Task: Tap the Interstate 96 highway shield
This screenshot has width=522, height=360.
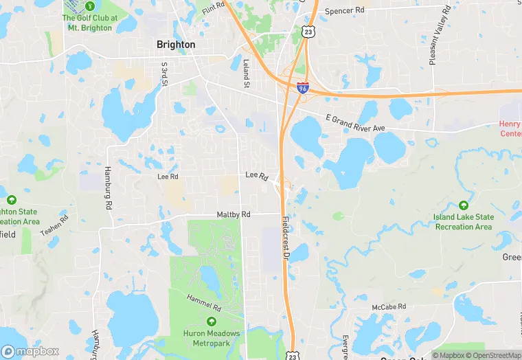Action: [303, 87]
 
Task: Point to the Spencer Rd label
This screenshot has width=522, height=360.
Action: [344, 11]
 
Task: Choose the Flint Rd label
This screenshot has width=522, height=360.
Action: [214, 7]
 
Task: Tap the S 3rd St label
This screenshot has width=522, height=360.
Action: [165, 74]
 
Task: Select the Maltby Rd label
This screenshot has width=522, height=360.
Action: [234, 214]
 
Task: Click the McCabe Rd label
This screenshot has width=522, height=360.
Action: [389, 306]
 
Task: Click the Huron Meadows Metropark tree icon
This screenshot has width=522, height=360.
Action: [211, 322]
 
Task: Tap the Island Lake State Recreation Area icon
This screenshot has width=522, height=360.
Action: [463, 205]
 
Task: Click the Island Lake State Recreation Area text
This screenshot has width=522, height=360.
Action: [462, 222]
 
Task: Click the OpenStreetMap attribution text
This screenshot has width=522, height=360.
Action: [493, 355]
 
